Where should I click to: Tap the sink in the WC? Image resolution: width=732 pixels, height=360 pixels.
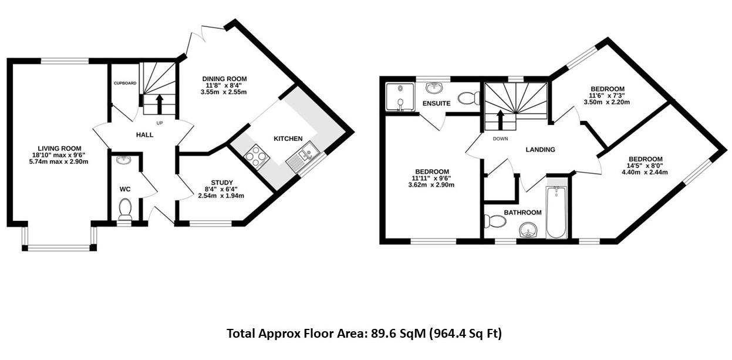pos(124,160)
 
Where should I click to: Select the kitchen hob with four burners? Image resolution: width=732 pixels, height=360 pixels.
pos(256,155)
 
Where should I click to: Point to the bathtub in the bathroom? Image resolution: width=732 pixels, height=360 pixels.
pos(555,212)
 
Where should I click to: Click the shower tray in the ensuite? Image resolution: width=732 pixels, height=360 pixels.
pos(399,96)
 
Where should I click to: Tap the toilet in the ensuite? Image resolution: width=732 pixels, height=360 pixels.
pos(468,97)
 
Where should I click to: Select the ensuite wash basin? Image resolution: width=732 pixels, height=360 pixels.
pos(433,88)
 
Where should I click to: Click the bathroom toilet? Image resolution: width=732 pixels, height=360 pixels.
pos(494,221)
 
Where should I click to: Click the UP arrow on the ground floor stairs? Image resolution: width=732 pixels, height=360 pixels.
pos(158,103)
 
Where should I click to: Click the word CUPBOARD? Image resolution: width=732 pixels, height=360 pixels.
pos(124,83)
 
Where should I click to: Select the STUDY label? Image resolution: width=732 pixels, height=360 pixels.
pos(222,182)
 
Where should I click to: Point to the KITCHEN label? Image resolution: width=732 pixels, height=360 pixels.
pos(288,139)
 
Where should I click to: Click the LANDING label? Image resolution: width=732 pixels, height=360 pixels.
pos(540,150)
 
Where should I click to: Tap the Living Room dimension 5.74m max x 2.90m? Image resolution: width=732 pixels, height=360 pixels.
pos(59,162)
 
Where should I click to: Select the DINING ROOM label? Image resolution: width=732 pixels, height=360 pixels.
pos(224,79)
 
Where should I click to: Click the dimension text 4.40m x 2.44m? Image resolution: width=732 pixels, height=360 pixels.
pos(645,173)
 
